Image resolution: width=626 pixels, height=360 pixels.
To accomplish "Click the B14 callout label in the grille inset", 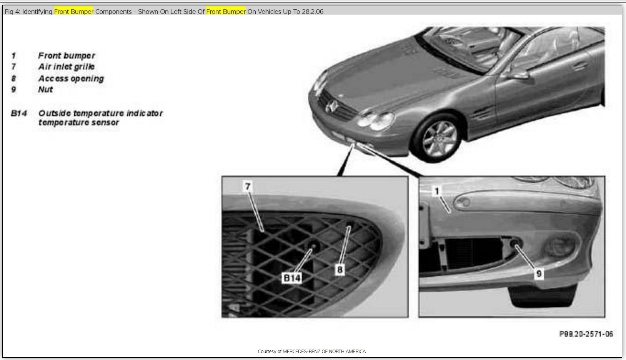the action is (292, 278).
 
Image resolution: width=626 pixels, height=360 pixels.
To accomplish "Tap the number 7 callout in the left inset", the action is (247, 186).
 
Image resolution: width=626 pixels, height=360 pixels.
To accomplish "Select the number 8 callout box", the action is (340, 270).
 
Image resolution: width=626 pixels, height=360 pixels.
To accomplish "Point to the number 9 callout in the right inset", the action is (539, 273).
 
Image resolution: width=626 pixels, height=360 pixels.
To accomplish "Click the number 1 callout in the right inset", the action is (437, 191).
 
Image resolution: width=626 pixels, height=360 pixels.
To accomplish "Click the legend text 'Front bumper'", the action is (67, 56).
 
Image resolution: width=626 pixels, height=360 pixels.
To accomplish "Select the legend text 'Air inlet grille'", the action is (67, 67).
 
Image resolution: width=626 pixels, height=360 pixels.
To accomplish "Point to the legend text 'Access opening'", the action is (71, 78).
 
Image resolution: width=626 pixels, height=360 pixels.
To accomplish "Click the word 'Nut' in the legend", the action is (45, 90).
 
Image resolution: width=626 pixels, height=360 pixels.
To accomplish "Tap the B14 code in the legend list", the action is (19, 113).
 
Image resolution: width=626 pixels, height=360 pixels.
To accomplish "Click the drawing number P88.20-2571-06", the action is (586, 334).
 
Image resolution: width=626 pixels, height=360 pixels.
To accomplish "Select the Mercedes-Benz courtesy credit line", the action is (312, 351).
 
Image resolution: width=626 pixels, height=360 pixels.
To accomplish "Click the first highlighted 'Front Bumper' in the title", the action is (74, 12).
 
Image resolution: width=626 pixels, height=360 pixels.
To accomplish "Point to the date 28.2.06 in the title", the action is (313, 12).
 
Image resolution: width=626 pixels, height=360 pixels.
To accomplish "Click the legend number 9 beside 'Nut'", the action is (13, 90).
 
